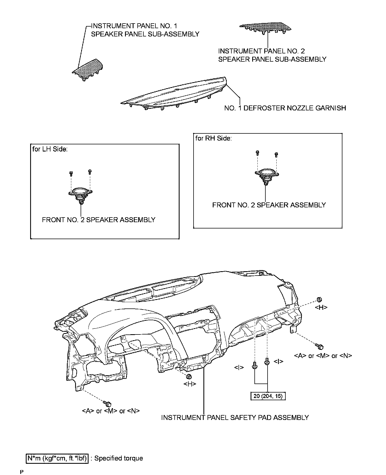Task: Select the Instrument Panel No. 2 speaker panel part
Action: coord(265,27)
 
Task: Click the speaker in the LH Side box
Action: coord(80,193)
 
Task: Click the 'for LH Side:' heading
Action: coord(50,149)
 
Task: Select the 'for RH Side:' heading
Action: coord(213,138)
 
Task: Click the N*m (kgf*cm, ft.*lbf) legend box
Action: coord(57,458)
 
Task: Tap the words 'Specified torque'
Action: coord(118,458)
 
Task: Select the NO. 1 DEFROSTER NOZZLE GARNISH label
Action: coord(285,108)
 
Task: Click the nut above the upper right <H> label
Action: coord(319,299)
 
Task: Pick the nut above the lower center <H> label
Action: coord(189,377)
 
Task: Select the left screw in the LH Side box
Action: coord(71,173)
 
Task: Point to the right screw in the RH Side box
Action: coord(276,154)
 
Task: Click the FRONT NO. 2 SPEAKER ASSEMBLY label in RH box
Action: coord(269,205)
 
